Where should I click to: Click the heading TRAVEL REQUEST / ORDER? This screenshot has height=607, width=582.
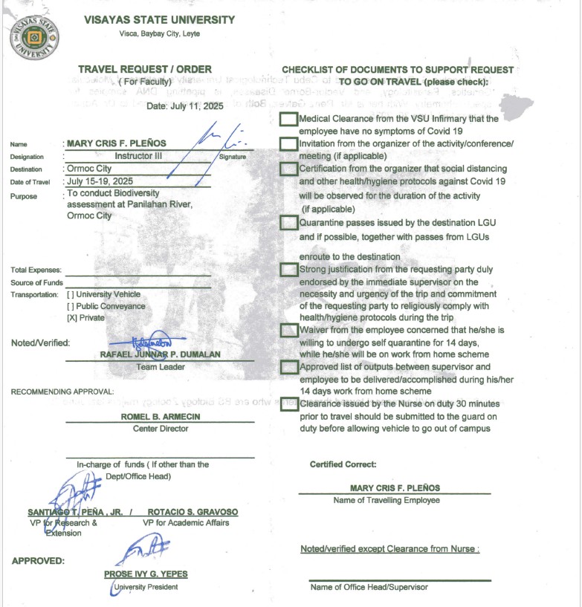[x=145, y=69]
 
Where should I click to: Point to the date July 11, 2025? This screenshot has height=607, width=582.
[x=179, y=106]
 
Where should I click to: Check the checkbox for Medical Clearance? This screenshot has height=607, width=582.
[x=288, y=119]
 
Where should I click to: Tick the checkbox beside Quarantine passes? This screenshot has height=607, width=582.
[x=288, y=222]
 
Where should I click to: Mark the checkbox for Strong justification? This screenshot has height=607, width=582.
[x=288, y=270]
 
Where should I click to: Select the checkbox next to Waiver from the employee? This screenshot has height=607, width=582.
[x=288, y=330]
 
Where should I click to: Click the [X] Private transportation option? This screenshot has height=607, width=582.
[x=85, y=318]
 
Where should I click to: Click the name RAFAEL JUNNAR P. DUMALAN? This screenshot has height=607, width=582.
[x=160, y=355]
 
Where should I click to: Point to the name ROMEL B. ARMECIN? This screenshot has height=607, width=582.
[x=161, y=417]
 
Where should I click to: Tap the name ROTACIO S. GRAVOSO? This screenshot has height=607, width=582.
[x=193, y=512]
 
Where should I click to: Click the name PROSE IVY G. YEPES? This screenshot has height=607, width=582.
[x=145, y=574]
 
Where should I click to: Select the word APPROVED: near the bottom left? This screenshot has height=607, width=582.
[x=38, y=561]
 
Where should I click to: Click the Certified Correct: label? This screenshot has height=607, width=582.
[x=343, y=464]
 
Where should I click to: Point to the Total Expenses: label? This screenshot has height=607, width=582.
[x=36, y=270]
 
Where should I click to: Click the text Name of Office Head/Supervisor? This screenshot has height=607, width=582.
[x=369, y=588]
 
